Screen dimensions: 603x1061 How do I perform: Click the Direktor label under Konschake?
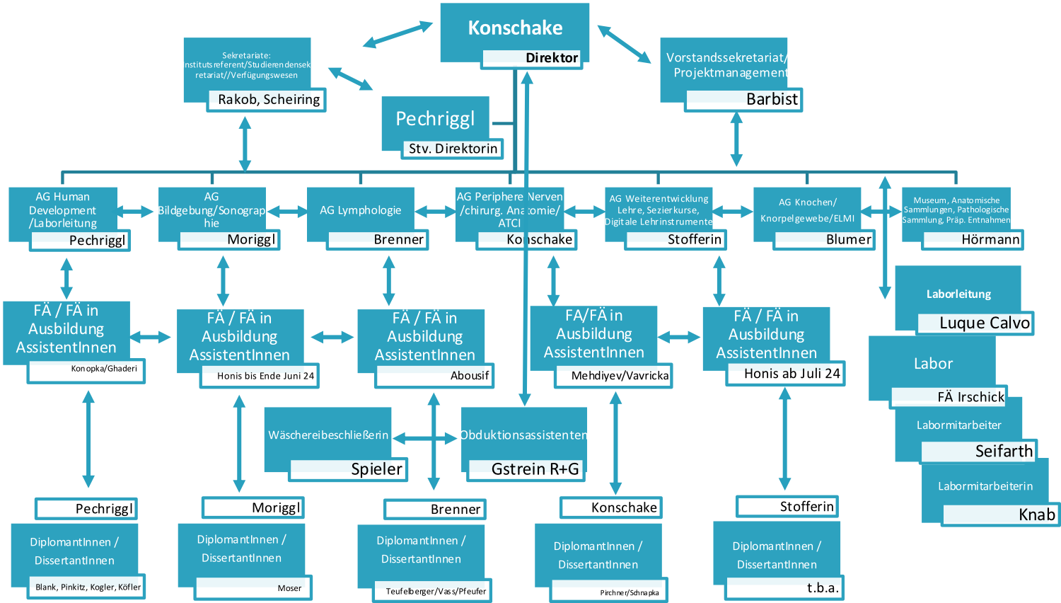532,58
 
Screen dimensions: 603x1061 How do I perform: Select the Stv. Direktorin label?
453,149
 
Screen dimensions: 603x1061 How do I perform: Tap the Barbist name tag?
743,100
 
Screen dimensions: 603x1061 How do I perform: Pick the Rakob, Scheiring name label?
267,100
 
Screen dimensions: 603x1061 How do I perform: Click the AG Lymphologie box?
360,209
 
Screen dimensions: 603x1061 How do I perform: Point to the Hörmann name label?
973,240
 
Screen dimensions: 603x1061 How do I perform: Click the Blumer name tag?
824,240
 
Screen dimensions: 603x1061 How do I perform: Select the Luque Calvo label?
975,323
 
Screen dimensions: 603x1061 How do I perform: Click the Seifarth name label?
979,452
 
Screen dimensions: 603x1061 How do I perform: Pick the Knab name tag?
1000,515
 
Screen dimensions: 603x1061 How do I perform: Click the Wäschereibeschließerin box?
327,435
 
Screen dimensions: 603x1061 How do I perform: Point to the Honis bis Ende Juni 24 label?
260,376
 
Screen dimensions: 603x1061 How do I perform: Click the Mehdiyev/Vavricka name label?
613,376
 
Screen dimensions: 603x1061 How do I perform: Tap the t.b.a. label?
785,587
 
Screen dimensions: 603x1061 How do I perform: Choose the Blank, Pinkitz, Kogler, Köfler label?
87,587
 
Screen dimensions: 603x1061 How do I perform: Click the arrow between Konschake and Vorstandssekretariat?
624,44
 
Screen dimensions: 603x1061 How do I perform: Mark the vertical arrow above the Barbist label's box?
736,139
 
